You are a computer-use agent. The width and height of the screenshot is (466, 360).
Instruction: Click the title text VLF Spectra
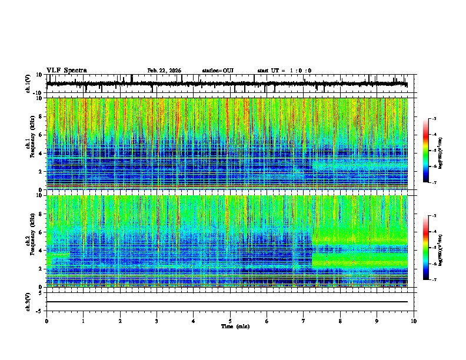click(x=66, y=70)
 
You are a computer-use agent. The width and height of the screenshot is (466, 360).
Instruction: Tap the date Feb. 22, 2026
click(x=164, y=71)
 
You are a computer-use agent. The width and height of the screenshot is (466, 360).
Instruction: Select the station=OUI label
click(x=218, y=71)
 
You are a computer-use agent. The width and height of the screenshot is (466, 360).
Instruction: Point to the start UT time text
click(x=284, y=71)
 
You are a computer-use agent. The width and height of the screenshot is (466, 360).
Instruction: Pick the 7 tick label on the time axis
click(x=304, y=321)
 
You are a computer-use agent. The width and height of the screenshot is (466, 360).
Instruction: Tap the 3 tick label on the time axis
click(x=157, y=321)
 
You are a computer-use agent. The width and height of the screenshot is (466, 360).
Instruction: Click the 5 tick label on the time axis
click(x=230, y=321)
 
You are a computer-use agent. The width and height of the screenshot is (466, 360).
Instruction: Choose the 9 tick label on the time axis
click(x=377, y=321)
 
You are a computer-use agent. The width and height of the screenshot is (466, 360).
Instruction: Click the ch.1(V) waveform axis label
click(x=28, y=84)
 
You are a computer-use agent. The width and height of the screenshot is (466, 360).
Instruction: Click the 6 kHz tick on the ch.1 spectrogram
click(x=41, y=135)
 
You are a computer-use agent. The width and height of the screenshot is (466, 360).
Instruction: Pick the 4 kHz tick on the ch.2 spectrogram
click(x=41, y=251)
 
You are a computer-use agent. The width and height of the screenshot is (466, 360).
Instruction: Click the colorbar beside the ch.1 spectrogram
click(x=427, y=151)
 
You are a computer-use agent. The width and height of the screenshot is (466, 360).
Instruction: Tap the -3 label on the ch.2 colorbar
click(x=435, y=216)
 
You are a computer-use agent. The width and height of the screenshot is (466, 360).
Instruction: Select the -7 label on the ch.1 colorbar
click(x=435, y=183)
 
